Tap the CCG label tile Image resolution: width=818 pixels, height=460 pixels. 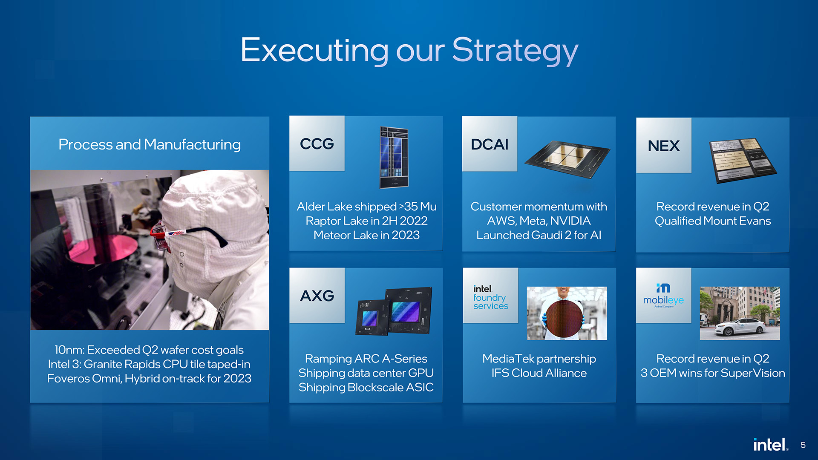[x=317, y=144]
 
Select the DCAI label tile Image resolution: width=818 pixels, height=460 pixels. [x=490, y=144]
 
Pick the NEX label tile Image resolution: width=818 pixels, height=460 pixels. [x=664, y=145]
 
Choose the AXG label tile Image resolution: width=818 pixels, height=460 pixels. [x=317, y=295]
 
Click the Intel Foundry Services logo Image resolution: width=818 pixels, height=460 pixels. [x=490, y=297]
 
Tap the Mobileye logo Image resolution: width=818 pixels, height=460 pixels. [x=663, y=295]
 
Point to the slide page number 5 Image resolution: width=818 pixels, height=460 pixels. [x=803, y=445]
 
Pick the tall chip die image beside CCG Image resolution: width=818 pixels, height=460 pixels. [x=394, y=158]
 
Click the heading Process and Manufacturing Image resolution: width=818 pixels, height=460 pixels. [x=150, y=144]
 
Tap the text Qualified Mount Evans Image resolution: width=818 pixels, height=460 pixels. [x=713, y=221]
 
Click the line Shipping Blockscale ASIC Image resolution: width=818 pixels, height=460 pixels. [x=366, y=387]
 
